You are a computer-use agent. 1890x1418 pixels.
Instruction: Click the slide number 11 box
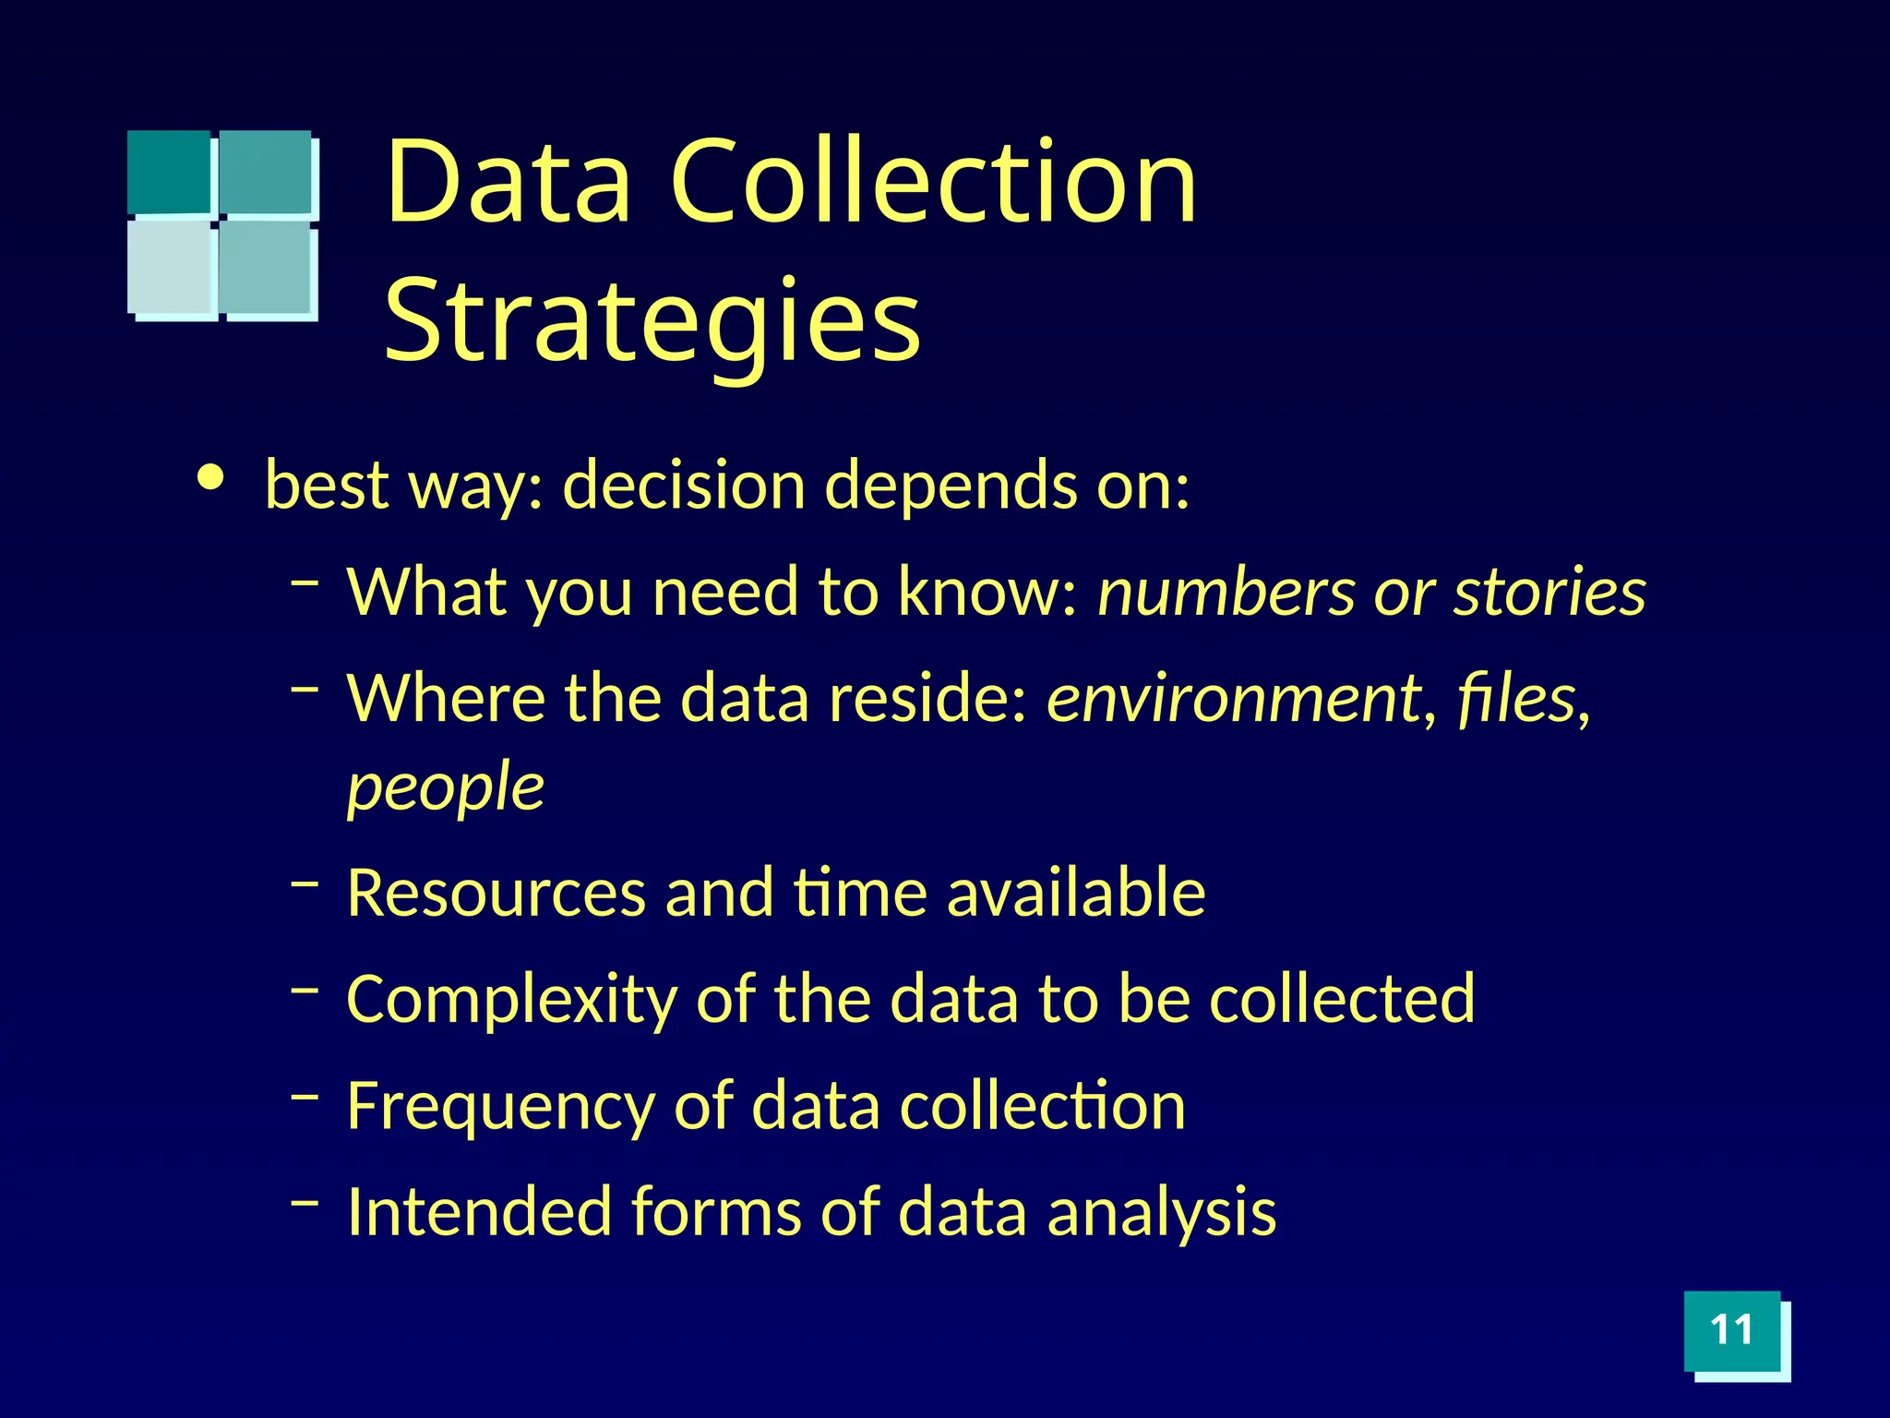1731,1330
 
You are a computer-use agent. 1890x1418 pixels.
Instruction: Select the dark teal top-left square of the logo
169,172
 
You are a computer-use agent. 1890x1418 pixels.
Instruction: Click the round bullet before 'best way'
211,477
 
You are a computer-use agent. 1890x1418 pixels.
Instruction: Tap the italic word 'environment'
1233,698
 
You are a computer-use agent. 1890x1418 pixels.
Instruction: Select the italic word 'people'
445,788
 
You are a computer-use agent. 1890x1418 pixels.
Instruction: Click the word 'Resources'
496,893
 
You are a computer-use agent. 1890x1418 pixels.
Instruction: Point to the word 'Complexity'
510,1000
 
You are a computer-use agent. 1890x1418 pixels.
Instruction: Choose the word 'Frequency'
499,1107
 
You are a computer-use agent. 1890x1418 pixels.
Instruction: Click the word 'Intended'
478,1212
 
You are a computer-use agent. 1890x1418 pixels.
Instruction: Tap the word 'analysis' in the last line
1161,1212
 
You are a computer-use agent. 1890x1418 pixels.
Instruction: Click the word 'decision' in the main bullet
684,485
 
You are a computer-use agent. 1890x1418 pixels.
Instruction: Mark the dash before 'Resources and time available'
305,883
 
